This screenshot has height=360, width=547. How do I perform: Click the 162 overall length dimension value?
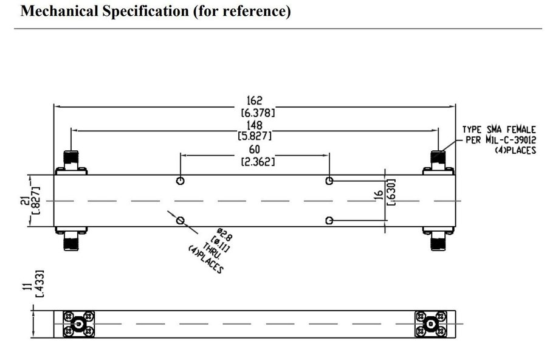tap(255, 100)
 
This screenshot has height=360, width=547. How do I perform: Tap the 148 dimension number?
tap(255, 125)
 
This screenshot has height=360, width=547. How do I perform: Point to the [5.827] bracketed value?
tap(255, 136)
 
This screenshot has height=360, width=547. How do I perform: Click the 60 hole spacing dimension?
tap(255, 150)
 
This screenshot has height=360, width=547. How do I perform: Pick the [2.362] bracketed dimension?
tap(255, 161)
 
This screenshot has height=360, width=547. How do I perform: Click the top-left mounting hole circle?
tap(181, 181)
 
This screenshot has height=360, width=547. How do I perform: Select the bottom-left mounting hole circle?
tap(181, 220)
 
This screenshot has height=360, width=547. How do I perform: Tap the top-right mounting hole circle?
tap(329, 181)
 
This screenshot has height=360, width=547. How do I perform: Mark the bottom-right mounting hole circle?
tap(329, 220)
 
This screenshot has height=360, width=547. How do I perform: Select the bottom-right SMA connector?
tap(438, 241)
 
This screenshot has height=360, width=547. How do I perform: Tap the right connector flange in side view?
tap(432, 325)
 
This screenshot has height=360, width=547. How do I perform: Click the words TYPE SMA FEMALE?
tap(499, 130)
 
